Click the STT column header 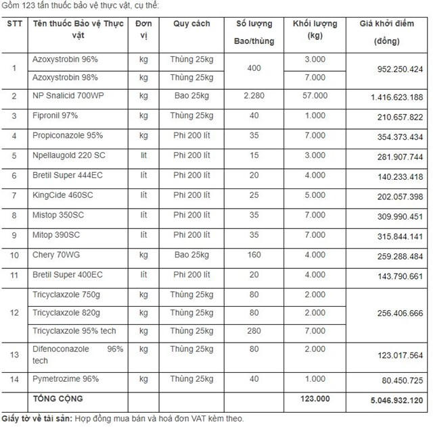[x=13, y=23]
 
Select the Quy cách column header [x=191, y=24]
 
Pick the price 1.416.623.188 [x=396, y=97]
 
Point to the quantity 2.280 [x=254, y=97]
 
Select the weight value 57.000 [x=315, y=97]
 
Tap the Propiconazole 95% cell [x=68, y=136]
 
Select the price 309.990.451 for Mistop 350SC [x=396, y=216]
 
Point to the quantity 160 [x=254, y=255]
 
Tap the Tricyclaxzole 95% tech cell [x=74, y=331]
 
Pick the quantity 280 [x=254, y=331]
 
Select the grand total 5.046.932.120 [x=396, y=400]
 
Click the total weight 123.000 [x=315, y=399]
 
